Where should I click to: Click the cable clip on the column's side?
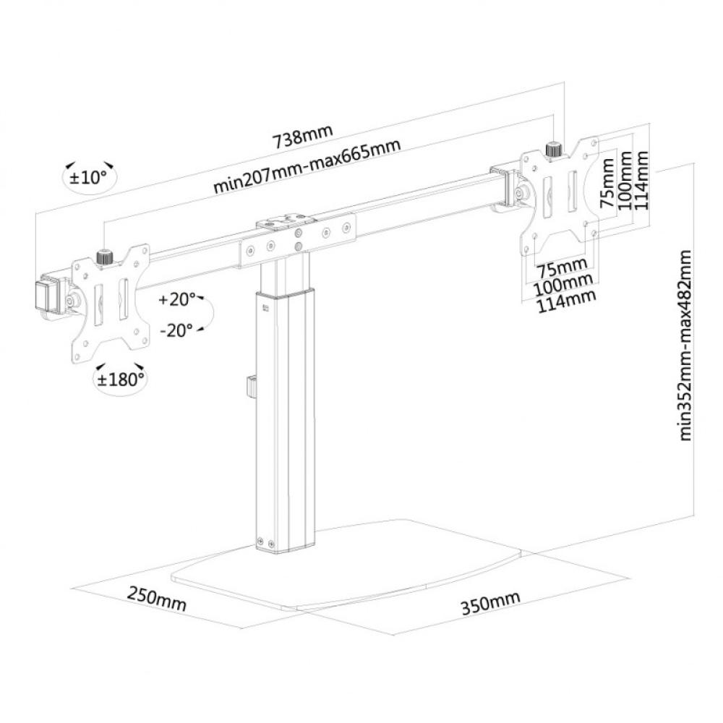click(x=249, y=385)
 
